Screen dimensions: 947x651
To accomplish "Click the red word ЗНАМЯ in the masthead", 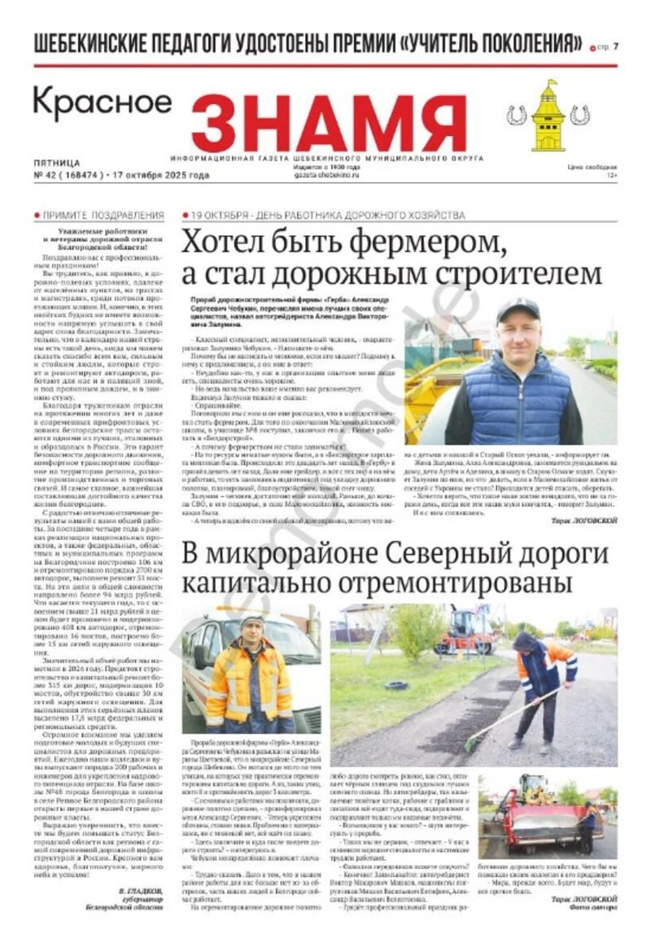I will click(x=317, y=122).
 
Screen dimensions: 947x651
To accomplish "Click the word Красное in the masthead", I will click(x=103, y=103).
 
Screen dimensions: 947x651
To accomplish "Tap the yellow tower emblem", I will click(x=548, y=116).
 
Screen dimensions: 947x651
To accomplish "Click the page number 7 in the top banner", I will click(x=616, y=46).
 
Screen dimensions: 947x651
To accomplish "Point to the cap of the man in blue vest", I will click(x=518, y=309).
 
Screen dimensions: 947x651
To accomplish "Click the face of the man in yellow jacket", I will click(x=252, y=630).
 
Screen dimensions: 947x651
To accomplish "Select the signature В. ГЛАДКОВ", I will click(x=143, y=892).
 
